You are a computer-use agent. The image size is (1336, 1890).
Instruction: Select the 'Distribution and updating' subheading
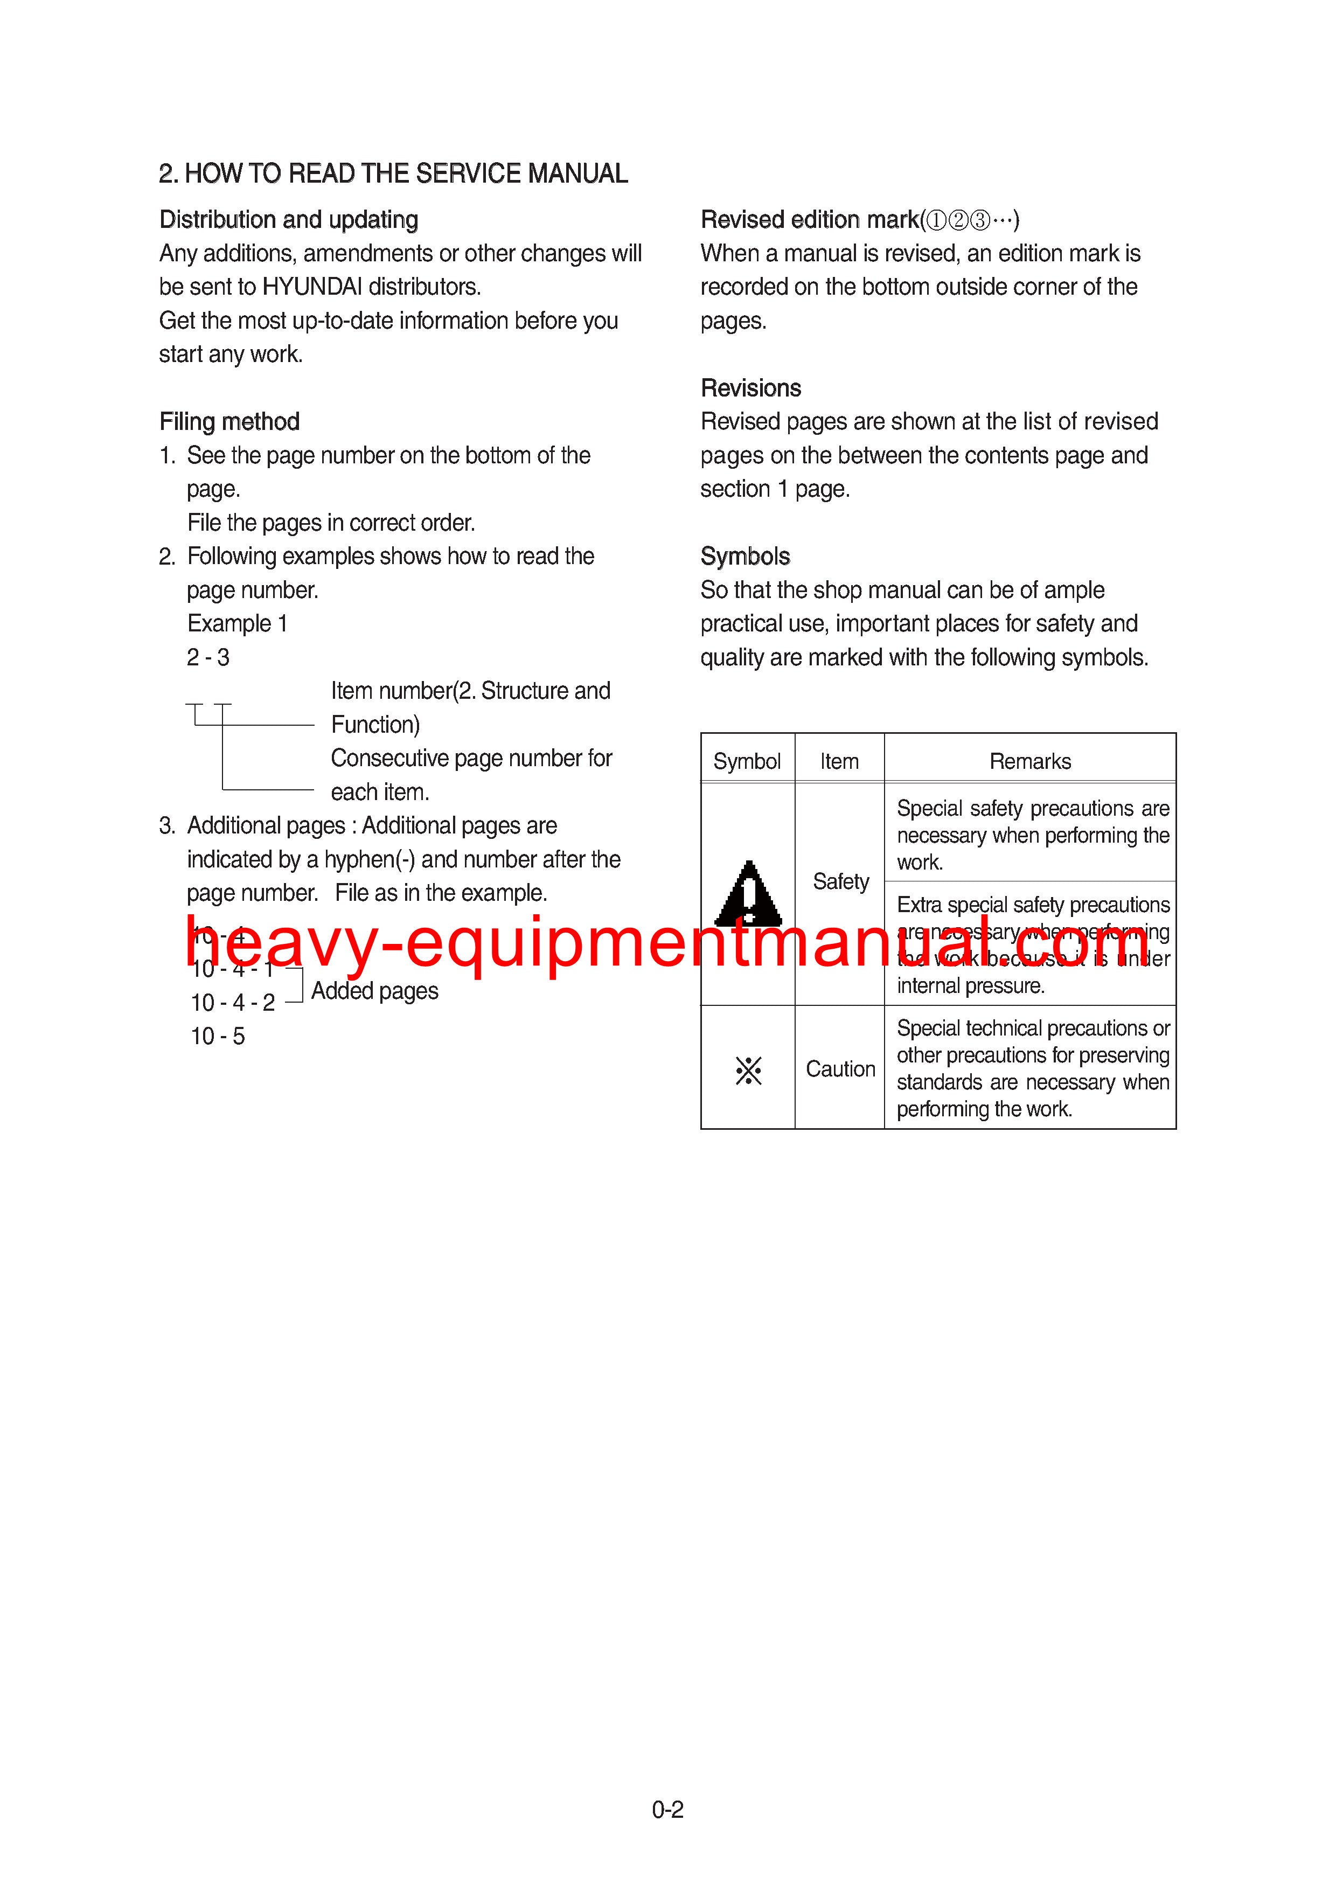288,220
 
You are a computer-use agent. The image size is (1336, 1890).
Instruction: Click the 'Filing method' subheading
229,421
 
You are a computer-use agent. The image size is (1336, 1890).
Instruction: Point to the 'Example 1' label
237,623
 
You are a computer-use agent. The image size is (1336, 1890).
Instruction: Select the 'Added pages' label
374,990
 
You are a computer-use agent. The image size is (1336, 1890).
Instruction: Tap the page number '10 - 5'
217,1036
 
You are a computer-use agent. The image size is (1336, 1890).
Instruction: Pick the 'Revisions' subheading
751,388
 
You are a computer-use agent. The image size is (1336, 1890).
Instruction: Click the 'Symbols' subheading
745,557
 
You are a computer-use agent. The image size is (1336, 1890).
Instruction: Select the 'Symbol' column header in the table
747,761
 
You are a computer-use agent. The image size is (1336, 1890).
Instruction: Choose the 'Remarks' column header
1030,761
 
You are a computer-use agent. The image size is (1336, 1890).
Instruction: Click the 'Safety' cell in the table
840,881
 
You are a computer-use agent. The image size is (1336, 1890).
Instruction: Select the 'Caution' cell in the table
840,1068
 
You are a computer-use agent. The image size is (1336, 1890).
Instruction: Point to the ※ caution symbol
748,1070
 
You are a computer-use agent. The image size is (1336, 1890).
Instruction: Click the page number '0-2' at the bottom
667,1809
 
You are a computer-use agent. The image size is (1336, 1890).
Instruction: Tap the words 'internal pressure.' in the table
970,985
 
